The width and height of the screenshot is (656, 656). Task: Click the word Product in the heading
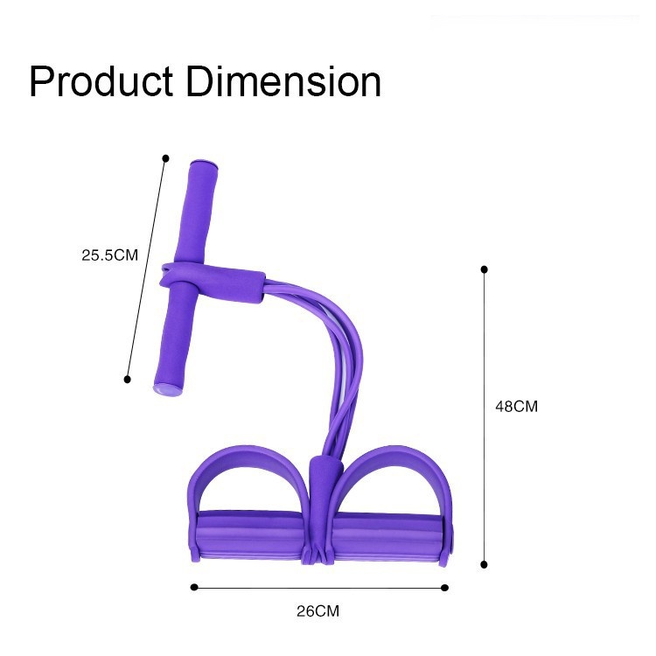[x=101, y=81]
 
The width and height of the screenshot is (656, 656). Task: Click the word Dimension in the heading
[x=283, y=81]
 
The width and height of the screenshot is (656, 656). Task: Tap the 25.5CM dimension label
[x=109, y=255]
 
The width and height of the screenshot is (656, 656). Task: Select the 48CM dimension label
[x=516, y=406]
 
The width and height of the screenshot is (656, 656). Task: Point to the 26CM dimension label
[x=318, y=611]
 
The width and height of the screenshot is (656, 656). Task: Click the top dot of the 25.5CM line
[x=165, y=158]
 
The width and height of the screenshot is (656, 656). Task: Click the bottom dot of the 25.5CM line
[x=127, y=380]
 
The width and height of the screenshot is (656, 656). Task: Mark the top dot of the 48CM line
[x=484, y=269]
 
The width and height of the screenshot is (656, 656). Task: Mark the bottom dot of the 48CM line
[x=484, y=565]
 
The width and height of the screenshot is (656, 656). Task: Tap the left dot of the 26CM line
[x=193, y=588]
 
